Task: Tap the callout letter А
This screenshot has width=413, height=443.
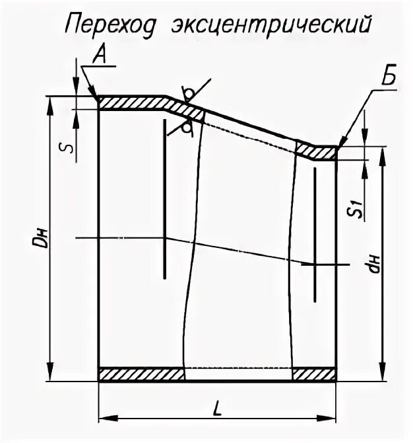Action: tap(100, 57)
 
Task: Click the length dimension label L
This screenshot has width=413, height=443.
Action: tap(217, 407)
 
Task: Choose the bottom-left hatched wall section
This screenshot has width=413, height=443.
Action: tap(141, 375)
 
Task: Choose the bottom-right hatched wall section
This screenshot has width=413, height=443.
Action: tap(314, 375)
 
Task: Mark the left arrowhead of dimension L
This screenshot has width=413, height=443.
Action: tap(104, 418)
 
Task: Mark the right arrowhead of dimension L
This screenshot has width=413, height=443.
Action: tap(332, 418)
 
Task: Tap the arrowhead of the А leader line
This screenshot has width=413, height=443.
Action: tap(97, 97)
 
